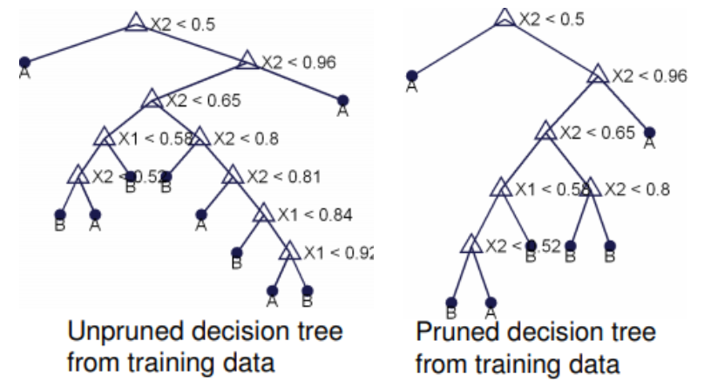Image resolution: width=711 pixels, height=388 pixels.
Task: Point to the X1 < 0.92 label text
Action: coord(338,252)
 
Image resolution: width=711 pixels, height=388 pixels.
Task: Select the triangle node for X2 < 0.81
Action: coord(232,176)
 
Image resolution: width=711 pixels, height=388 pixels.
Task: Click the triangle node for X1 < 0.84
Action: coord(263,214)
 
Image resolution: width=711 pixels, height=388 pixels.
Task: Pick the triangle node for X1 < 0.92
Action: coord(290,252)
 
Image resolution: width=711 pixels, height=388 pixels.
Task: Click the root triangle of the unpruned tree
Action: coord(135,22)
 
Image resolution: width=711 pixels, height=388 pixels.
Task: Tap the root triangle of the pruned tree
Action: coord(504,17)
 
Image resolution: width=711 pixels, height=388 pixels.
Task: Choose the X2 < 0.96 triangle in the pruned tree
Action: coord(597,75)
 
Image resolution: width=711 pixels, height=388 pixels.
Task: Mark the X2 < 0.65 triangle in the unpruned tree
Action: coord(152,99)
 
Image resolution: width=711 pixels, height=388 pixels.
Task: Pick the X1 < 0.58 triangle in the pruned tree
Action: coord(500,188)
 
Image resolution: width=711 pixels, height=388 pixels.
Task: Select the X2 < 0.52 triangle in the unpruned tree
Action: coord(78,176)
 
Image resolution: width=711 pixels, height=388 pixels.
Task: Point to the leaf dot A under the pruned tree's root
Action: coord(411,76)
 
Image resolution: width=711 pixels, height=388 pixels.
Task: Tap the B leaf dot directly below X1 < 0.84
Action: coord(236,252)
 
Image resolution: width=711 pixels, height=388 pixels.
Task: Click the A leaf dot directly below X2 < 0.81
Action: coord(201,214)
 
